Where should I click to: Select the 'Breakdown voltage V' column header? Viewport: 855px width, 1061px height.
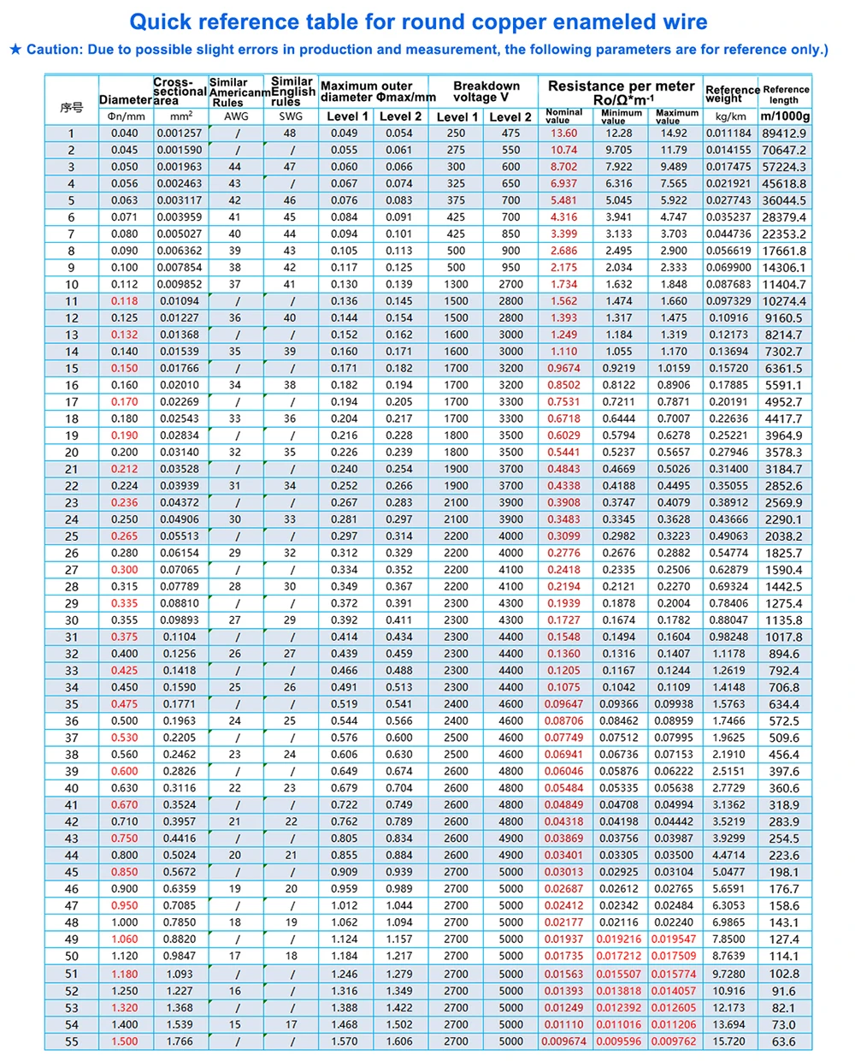[486, 92]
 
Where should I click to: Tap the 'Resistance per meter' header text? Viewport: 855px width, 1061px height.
[621, 86]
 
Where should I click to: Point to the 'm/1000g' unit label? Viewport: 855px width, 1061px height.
[785, 116]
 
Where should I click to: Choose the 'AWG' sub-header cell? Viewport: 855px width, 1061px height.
[236, 116]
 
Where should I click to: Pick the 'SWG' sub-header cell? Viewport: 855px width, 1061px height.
[291, 116]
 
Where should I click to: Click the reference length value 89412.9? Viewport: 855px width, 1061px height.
[784, 133]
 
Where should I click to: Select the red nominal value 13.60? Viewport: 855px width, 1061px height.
[563, 133]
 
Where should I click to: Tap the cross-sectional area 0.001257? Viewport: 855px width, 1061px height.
[180, 133]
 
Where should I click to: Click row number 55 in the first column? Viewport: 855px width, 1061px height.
[72, 1041]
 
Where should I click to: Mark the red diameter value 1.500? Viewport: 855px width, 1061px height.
[124, 1041]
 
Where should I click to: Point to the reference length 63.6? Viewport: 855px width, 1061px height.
[784, 1041]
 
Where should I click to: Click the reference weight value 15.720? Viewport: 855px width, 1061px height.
[729, 1041]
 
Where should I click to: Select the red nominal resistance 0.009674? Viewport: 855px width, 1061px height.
[564, 1041]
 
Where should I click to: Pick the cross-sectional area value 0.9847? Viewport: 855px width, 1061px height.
[180, 956]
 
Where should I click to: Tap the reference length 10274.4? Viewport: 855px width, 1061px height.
[784, 301]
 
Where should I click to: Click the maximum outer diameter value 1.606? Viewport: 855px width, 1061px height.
[399, 1041]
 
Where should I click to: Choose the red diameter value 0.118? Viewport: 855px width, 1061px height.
[124, 301]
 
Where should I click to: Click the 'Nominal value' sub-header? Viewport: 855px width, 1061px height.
[563, 116]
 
